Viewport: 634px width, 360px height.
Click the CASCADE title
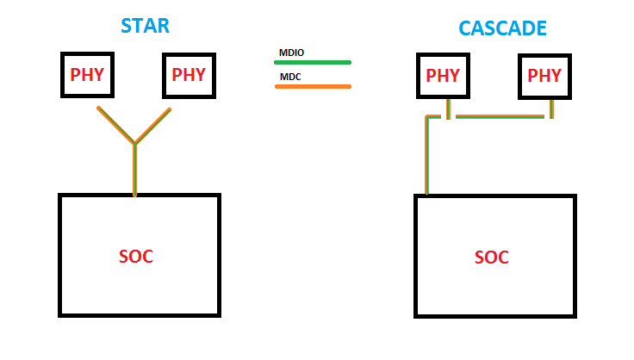(502, 28)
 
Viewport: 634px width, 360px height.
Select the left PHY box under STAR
(87, 75)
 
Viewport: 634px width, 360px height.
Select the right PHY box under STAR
(189, 75)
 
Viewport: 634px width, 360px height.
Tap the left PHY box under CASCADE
(443, 76)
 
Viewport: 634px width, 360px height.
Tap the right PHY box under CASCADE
(544, 76)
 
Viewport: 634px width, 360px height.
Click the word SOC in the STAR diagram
(135, 257)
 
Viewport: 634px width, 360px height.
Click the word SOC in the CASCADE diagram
(492, 257)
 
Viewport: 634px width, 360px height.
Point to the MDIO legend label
(290, 53)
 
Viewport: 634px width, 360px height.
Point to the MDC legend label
(288, 77)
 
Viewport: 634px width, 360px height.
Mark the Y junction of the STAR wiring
(135, 143)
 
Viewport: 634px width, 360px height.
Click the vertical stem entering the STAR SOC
(135, 170)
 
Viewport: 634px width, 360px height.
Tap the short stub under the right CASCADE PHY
(551, 108)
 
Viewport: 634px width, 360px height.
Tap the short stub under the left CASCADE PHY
(448, 108)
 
